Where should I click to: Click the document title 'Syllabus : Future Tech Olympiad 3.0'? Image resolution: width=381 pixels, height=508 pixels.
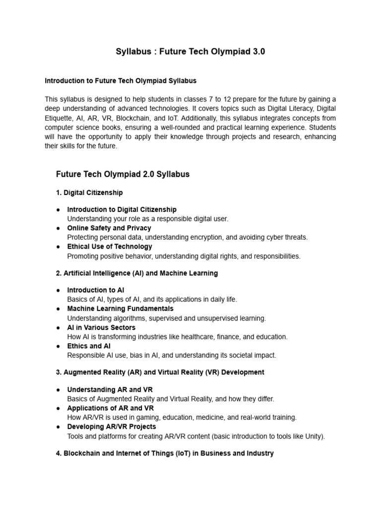tap(190, 52)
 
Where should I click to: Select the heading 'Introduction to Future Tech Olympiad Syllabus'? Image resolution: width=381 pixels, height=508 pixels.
tap(121, 80)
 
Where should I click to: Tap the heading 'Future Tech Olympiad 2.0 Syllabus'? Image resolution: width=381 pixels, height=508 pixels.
tap(123, 174)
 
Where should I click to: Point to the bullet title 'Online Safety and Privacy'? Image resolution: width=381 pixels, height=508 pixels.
tap(109, 228)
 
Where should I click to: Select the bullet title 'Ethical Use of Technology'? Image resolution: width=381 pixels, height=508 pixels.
tap(110, 247)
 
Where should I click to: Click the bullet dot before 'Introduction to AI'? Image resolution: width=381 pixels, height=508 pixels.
tap(58, 290)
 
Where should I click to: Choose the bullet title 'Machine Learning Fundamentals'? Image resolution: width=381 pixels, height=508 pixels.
tap(120, 309)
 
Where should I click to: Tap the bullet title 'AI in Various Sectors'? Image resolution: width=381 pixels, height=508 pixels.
tap(101, 327)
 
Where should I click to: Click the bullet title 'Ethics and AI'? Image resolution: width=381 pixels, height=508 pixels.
tap(89, 346)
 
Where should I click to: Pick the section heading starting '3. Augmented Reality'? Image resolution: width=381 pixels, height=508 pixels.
tap(160, 372)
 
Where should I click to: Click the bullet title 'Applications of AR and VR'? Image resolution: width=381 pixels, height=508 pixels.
tap(111, 408)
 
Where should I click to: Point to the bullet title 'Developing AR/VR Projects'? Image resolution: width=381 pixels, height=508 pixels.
tap(112, 427)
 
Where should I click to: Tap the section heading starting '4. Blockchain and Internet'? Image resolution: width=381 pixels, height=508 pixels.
tap(165, 453)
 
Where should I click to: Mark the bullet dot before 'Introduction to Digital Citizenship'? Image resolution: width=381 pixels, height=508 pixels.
tap(58, 210)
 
